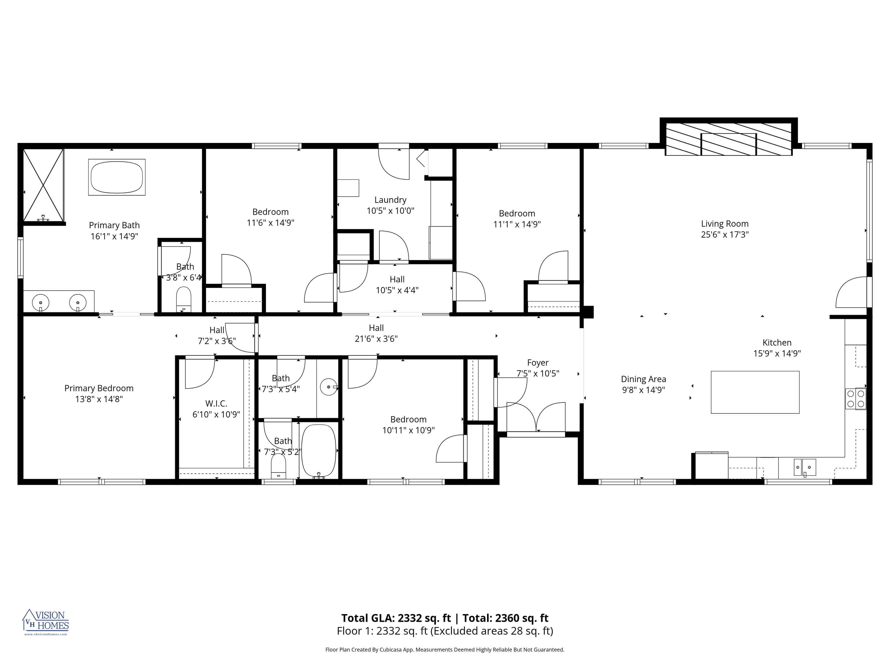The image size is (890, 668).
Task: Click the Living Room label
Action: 725,224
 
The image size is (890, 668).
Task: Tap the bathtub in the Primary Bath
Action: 117,177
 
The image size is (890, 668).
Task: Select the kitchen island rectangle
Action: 755,392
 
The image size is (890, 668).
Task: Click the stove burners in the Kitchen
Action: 855,399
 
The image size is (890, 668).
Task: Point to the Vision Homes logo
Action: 46,622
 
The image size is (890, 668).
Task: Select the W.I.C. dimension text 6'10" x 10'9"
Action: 216,414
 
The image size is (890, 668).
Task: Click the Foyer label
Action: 538,363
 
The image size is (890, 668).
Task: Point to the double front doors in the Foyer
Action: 536,419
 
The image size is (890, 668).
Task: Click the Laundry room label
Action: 390,200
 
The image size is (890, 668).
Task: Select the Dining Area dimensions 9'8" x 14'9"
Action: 643,390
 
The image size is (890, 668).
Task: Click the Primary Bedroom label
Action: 99,388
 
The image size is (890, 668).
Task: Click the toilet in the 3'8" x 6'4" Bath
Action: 184,299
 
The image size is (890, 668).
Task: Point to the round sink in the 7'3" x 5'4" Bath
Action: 329,387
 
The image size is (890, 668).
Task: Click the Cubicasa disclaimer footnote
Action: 445,650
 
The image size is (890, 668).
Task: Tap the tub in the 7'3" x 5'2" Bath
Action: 318,451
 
